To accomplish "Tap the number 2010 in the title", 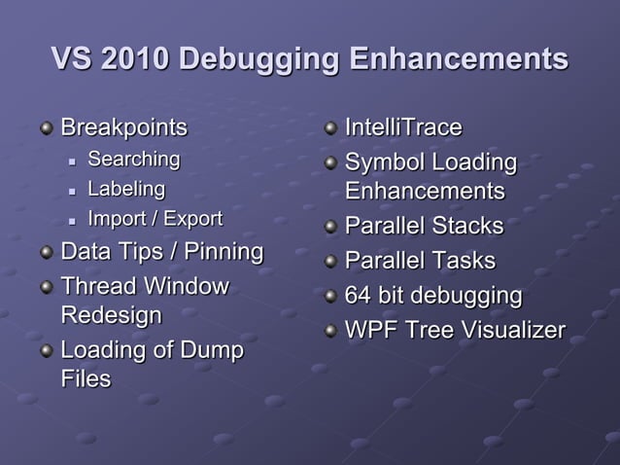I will coord(132,58).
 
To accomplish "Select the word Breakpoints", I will coord(124,127).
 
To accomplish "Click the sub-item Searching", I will coord(134,159).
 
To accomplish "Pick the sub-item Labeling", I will coord(126,188).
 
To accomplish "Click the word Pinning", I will coord(224,252).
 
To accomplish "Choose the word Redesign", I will coord(111,315).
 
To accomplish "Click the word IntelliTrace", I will coord(403,127).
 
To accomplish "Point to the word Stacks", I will coord(467,227).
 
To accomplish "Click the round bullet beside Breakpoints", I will coord(47,128).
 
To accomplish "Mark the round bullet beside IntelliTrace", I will coord(331,128).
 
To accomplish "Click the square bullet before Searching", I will coord(72,160).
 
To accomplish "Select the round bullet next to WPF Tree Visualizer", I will coord(331,331).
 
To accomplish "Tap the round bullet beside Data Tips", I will coord(47,253).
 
